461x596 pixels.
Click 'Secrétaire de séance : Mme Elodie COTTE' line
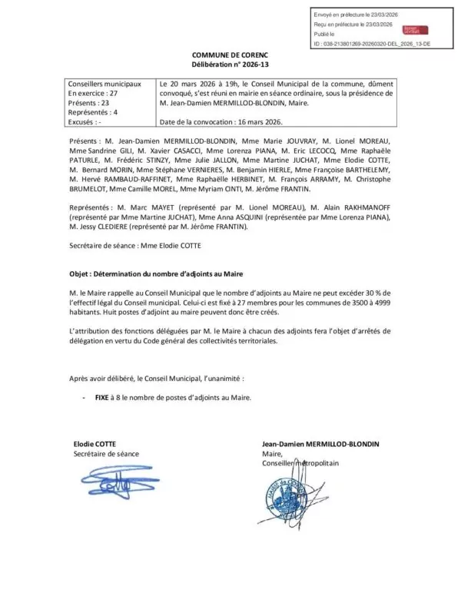126,243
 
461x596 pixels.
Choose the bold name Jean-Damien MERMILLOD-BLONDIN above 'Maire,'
320,445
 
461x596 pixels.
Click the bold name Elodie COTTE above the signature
90,445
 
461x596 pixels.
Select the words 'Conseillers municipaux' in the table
104,82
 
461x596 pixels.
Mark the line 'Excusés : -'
85,122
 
